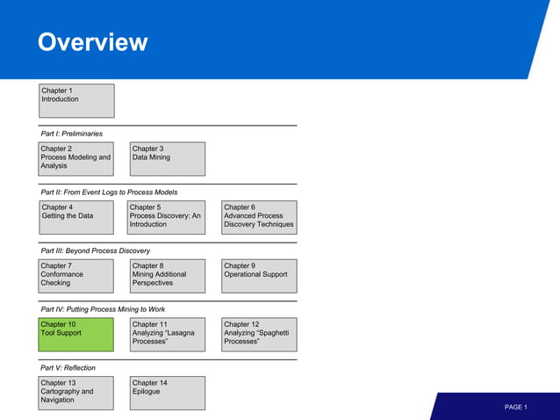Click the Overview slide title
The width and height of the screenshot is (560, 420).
(92, 42)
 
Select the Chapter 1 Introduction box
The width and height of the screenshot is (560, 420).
(76, 100)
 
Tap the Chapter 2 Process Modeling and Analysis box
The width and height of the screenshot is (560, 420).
(76, 158)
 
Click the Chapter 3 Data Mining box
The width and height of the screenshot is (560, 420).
(168, 158)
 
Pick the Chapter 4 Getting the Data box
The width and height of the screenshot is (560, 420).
(76, 217)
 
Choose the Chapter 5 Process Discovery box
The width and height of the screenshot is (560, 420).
(168, 217)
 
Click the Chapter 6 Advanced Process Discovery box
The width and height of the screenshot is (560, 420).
(259, 217)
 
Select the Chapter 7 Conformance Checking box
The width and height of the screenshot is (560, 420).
(76, 275)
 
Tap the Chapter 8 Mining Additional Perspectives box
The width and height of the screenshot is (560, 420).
(168, 275)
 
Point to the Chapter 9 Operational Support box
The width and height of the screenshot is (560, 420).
(259, 275)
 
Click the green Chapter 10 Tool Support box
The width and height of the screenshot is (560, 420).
(76, 334)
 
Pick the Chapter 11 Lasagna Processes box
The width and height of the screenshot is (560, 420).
(168, 334)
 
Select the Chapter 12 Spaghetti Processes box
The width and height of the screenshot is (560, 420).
(259, 334)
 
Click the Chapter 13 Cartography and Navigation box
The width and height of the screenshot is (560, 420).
(76, 392)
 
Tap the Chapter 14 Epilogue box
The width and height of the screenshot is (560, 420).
(168, 392)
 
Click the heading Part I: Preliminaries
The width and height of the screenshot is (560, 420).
(72, 134)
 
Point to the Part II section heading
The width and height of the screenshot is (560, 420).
(109, 192)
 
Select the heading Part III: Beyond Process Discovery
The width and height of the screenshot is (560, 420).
(96, 250)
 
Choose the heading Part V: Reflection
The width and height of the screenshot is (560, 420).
(68, 367)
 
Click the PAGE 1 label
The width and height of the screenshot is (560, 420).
(515, 407)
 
